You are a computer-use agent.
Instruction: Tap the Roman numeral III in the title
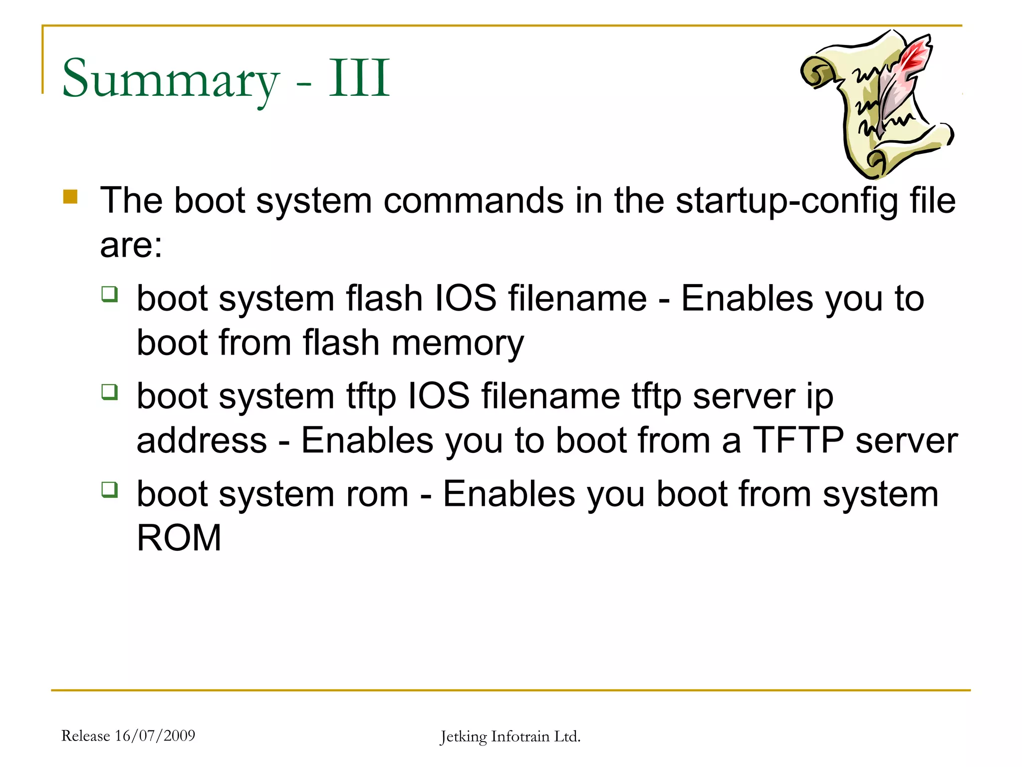click(359, 78)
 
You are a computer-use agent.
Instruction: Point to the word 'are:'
click(131, 245)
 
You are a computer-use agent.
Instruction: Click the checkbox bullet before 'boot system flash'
click(109, 294)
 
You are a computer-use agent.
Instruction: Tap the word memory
click(457, 344)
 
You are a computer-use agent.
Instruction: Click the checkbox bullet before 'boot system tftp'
click(109, 391)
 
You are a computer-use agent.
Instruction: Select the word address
click(202, 440)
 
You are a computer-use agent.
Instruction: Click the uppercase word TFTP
click(798, 440)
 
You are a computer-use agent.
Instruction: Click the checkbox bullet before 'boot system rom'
click(109, 489)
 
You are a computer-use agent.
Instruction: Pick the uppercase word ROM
click(179, 538)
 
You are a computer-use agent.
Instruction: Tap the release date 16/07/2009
click(155, 736)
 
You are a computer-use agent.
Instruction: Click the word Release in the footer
click(85, 736)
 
